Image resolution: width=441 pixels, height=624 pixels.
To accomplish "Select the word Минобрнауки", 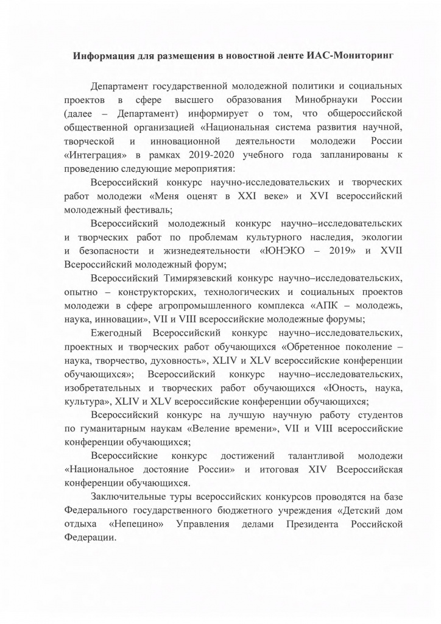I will pos(328,99).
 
